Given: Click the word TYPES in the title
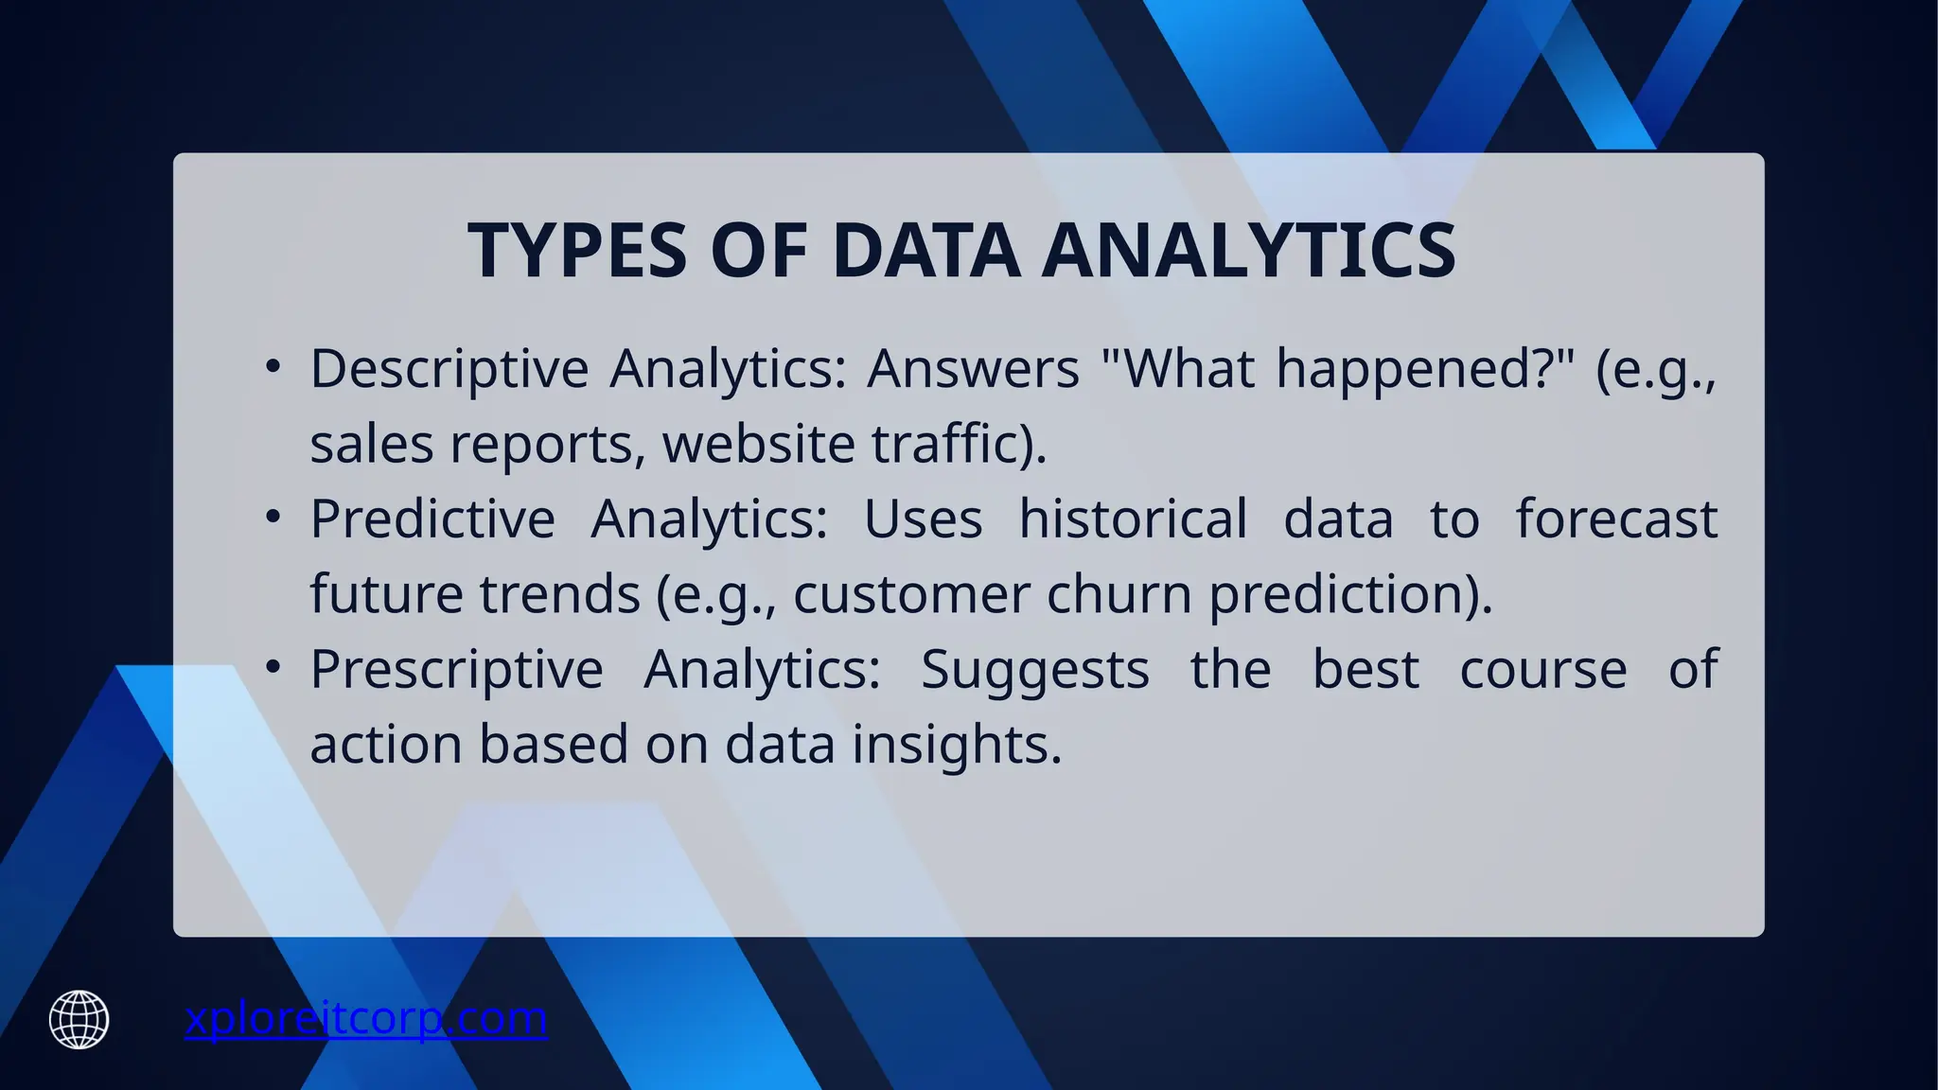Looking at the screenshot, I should (x=577, y=251).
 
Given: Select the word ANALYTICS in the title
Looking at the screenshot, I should (x=1249, y=251).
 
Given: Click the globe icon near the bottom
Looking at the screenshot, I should (x=79, y=1019).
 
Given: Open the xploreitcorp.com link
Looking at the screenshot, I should (x=365, y=1018).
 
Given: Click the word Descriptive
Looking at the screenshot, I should (x=449, y=369).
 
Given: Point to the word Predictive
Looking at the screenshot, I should (x=432, y=519).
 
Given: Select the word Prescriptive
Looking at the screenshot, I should (x=456, y=670).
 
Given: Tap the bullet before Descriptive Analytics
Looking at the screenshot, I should (x=273, y=366).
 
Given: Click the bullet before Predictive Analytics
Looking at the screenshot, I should (x=273, y=517).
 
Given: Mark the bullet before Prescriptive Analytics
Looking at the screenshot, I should (x=273, y=667).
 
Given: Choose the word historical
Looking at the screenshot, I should (x=1133, y=519).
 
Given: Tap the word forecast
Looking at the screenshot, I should (x=1616, y=519).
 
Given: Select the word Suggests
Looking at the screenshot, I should (x=1034, y=670).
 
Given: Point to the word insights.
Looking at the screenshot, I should (x=957, y=745).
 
